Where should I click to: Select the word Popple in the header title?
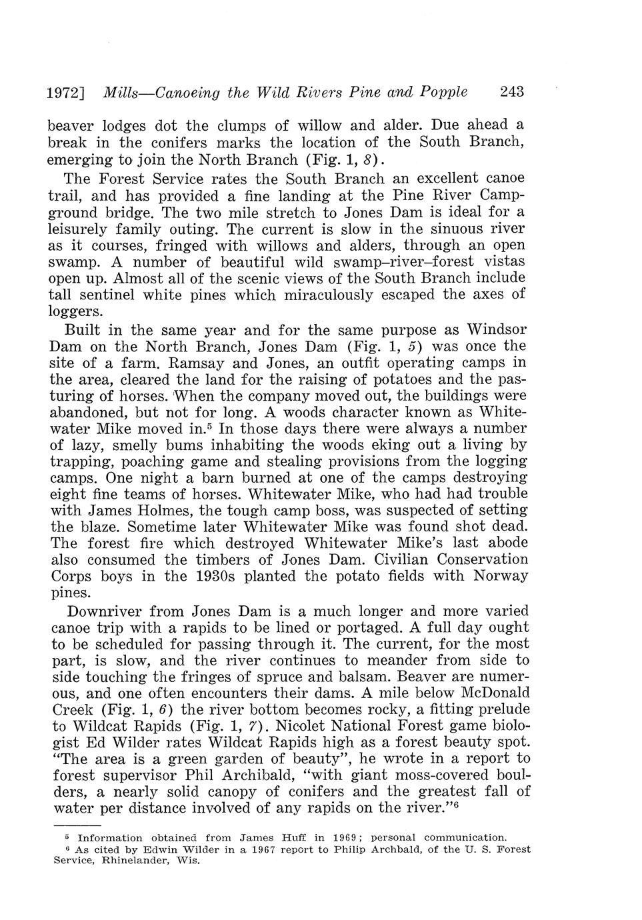point(443,92)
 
